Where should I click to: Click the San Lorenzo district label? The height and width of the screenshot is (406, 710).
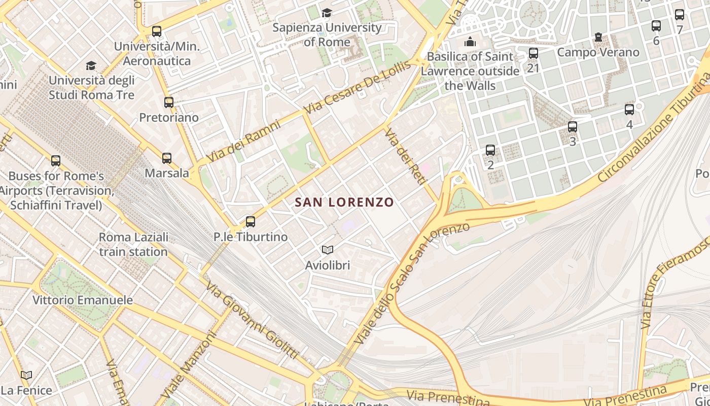point(344,202)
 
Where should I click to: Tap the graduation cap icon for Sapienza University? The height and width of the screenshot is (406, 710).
point(327,13)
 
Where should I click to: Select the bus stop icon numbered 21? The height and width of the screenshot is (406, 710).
point(533,53)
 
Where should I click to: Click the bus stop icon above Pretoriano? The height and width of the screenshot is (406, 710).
point(169,103)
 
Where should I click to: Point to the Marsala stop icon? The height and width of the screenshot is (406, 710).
point(167,158)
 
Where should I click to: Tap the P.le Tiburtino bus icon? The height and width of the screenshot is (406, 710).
point(250,222)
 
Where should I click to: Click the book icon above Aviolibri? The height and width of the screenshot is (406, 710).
point(328,250)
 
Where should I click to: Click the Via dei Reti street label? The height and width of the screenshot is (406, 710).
point(406,155)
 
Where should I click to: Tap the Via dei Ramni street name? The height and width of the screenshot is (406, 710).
point(243,141)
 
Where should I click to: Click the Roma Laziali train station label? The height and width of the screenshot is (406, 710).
point(133,244)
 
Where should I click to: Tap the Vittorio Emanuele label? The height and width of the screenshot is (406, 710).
point(83,300)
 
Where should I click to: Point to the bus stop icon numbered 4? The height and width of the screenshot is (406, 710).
point(629,110)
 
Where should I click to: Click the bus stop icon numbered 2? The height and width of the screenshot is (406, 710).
point(490,150)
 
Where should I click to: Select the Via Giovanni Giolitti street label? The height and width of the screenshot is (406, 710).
point(252,320)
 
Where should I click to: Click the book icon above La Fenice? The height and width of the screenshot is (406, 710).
point(26,375)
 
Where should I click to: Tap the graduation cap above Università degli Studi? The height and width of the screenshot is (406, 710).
point(91,65)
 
